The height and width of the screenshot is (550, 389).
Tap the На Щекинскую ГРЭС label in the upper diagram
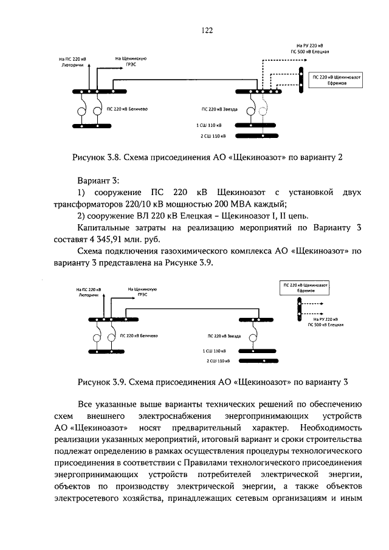[x=128, y=60]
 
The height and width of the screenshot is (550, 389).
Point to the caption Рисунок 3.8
[x=96, y=157]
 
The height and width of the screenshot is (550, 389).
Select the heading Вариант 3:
[x=99, y=180]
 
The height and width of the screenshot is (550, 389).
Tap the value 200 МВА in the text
[x=246, y=203]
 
